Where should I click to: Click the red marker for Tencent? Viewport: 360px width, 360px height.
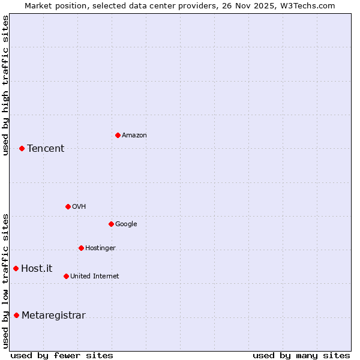[x=22, y=148]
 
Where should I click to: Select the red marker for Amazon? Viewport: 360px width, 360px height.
[x=118, y=135]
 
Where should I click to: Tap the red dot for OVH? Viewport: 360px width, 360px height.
[x=68, y=206]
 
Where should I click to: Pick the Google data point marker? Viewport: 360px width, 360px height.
[x=111, y=224]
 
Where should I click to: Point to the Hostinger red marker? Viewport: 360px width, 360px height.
[x=81, y=248]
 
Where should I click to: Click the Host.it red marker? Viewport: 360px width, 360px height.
[x=16, y=268]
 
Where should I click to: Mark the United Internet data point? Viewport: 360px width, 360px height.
[x=66, y=276]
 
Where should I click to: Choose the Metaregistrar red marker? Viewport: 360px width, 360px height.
[x=16, y=316]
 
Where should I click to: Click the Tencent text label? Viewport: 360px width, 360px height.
[x=46, y=149]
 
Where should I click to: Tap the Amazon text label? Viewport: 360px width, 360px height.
[x=134, y=136]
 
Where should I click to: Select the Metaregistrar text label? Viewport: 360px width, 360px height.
[x=53, y=316]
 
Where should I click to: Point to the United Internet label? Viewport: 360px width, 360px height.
[x=95, y=277]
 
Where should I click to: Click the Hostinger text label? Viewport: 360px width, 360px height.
[x=100, y=248]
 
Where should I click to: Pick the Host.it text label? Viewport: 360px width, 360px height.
[x=37, y=269]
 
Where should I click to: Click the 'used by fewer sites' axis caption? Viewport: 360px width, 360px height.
[x=62, y=355]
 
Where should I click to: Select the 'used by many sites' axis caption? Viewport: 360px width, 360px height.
[x=301, y=355]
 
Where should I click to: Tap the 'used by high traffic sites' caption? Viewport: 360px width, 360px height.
[x=6, y=85]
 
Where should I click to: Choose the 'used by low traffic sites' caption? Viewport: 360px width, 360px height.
[x=6, y=281]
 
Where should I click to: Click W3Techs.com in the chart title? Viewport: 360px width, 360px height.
[x=306, y=5]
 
